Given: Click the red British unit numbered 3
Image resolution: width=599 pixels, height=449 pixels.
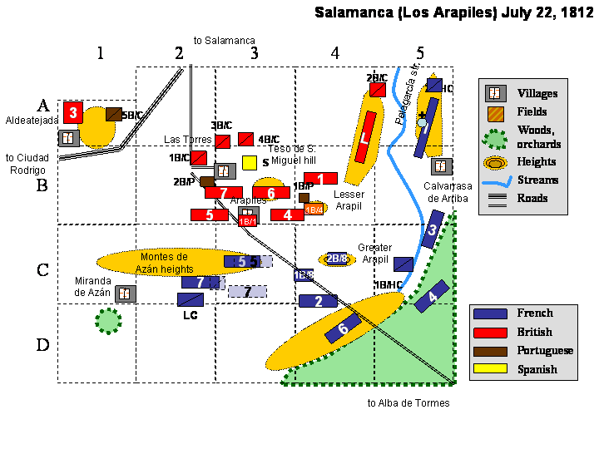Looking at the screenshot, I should [73, 112].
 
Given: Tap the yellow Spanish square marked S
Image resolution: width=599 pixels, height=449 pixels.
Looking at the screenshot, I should [249, 162].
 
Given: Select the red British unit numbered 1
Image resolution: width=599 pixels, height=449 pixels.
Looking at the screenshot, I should [320, 178].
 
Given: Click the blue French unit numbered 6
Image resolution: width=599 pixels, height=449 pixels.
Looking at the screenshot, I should [343, 330].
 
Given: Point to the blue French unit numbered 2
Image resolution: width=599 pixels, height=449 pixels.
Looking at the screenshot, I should [318, 301].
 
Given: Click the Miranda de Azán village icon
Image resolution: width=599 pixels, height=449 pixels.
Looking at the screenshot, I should [126, 293].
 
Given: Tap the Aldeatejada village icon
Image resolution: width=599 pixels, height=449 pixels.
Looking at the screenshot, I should [69, 137].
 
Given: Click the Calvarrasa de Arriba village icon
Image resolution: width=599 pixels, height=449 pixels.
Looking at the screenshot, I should [442, 166].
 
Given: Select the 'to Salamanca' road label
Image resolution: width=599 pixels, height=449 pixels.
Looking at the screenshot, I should [224, 40].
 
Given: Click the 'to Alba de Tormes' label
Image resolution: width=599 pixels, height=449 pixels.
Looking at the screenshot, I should [408, 403].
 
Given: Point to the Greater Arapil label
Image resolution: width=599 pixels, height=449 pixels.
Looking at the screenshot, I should [374, 254].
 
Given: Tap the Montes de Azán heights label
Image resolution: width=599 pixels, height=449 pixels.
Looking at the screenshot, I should [166, 263].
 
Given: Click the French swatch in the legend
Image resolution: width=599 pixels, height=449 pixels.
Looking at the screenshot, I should [490, 313].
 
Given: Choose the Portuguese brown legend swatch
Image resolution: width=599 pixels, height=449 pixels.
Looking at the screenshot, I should [490, 350].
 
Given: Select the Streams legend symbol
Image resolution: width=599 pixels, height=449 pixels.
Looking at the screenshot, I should [495, 180].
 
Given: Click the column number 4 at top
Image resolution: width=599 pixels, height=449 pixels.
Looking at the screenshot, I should [334, 53].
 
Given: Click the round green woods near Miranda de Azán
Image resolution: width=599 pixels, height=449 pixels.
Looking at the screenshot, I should [107, 320].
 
